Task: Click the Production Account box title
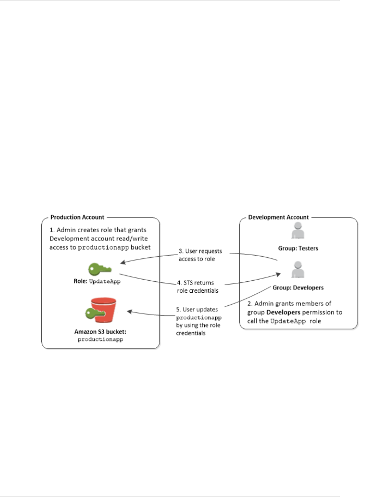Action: pyautogui.click(x=77, y=217)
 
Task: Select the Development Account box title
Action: pyautogui.click(x=278, y=217)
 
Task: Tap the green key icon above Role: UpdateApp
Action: pyautogui.click(x=99, y=269)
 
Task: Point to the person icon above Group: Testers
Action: pyautogui.click(x=298, y=231)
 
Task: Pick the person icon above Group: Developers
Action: pyautogui.click(x=298, y=270)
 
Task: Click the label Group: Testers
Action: pyautogui.click(x=298, y=248)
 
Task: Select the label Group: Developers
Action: pyautogui.click(x=298, y=288)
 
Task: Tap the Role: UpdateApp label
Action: pyautogui.click(x=97, y=281)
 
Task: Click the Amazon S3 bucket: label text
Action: pyautogui.click(x=100, y=331)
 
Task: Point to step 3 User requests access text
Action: pyautogui.click(x=200, y=255)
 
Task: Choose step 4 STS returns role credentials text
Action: pyautogui.click(x=198, y=286)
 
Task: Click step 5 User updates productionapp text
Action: pyautogui.click(x=199, y=321)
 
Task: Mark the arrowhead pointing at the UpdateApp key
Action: pyautogui.click(x=123, y=262)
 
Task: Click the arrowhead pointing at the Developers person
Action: pyautogui.click(x=279, y=274)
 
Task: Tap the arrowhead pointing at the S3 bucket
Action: pyautogui.click(x=129, y=311)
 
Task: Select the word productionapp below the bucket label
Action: pyautogui.click(x=100, y=339)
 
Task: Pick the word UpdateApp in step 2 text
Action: pyautogui.click(x=288, y=321)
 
